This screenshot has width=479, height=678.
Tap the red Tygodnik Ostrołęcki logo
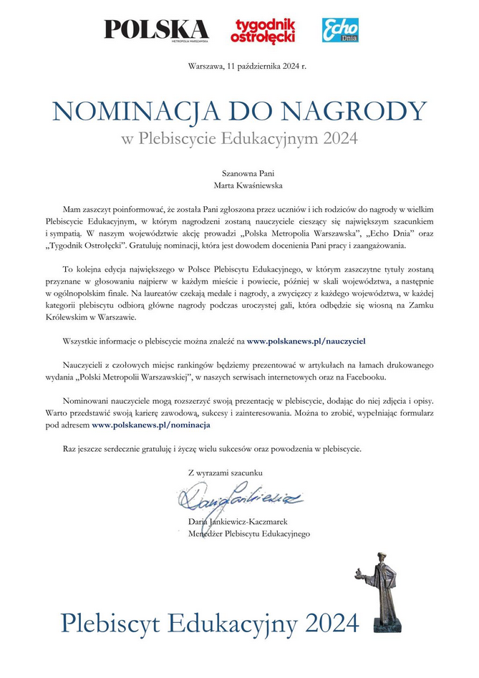coord(263,30)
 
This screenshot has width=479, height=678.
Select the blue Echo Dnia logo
coord(340,29)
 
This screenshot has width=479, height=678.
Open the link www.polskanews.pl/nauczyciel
coord(306,342)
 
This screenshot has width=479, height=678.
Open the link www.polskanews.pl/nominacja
coord(151,425)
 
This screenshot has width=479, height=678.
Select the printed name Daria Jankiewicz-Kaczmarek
coord(238,522)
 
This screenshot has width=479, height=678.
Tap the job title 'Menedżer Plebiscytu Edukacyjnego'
coord(248,533)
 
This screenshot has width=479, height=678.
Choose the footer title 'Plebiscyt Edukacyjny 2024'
coord(209,623)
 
